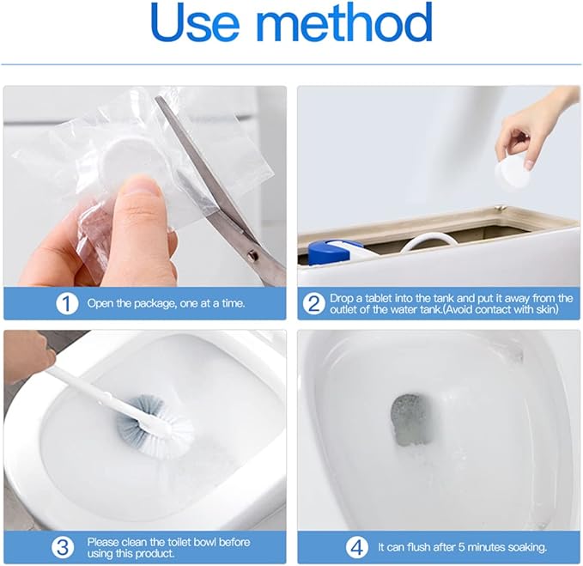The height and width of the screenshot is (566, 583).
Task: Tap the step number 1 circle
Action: [69, 303]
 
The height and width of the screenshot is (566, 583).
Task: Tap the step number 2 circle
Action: [314, 303]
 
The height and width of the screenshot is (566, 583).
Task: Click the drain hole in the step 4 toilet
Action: [411, 418]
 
